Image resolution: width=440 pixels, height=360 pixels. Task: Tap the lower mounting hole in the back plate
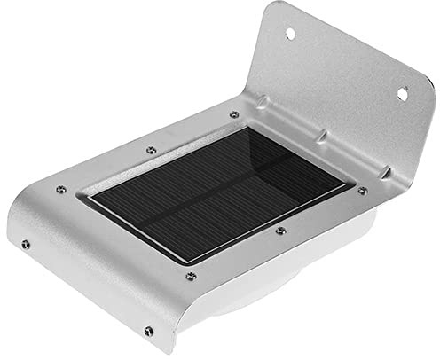coord(402,91)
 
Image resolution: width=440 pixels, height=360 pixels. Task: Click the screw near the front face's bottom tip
coord(148,332)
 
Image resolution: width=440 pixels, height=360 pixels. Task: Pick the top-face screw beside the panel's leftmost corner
coord(60,189)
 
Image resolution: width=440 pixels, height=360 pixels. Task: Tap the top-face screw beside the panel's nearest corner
coord(190,276)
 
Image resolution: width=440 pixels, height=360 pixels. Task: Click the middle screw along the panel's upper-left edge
coord(151,149)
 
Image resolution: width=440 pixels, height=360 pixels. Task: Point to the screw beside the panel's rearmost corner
coord(234,114)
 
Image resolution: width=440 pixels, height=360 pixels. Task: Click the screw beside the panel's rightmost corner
coord(362,190)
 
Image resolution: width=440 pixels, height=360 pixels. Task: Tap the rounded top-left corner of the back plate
coord(271,11)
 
